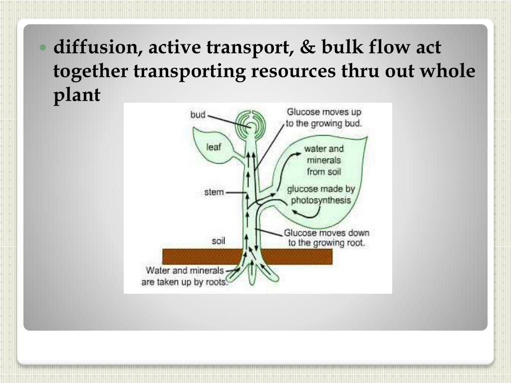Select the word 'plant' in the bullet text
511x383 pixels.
77,95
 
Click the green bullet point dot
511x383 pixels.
43,49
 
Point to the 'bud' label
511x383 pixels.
198,115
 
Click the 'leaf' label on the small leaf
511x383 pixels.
213,147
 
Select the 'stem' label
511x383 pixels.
214,192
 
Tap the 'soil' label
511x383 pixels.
219,241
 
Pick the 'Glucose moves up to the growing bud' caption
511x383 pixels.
324,118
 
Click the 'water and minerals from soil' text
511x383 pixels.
324,160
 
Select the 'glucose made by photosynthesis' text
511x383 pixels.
321,195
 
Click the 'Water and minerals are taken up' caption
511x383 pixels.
186,276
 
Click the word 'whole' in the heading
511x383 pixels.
447,71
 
